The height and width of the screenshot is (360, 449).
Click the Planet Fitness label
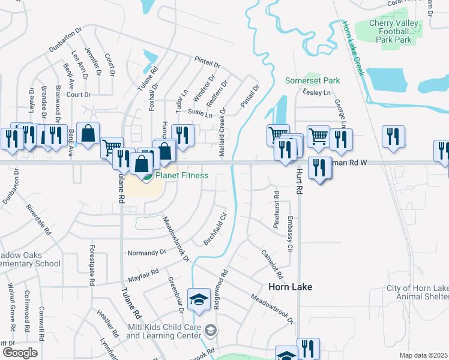[182, 176]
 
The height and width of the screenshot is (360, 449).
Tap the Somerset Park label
[312, 80]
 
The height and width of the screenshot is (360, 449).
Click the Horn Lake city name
[290, 287]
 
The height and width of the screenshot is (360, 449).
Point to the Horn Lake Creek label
[354, 49]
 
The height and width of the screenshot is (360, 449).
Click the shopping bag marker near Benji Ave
[88, 134]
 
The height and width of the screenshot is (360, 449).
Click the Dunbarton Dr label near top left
[65, 38]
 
